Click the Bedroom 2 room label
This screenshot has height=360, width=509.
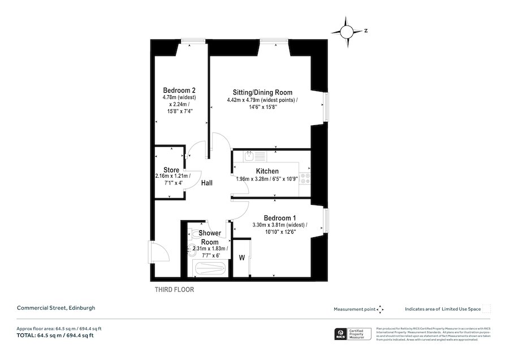pyautogui.click(x=179, y=91)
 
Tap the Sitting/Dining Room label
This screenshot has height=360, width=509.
pyautogui.click(x=263, y=92)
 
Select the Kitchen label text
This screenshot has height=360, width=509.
pyautogui.click(x=267, y=171)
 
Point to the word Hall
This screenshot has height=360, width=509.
pyautogui.click(x=207, y=183)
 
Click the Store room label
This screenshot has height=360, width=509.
pyautogui.click(x=171, y=170)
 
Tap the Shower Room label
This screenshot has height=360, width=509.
pyautogui.click(x=209, y=237)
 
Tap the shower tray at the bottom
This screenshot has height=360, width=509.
pyautogui.click(x=209, y=269)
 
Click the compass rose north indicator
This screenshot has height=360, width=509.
pyautogui.click(x=350, y=30)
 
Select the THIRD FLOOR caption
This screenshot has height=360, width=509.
pyautogui.click(x=174, y=290)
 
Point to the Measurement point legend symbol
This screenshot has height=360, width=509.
pyautogui.click(x=381, y=309)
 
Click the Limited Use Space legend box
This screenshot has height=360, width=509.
pyautogui.click(x=486, y=309)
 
